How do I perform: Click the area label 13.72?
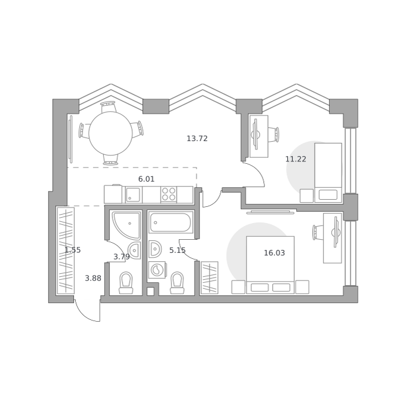coord(197,139)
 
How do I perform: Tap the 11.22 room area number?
coord(296,159)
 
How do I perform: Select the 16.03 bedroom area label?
coord(274,253)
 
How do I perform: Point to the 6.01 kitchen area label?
coord(146,179)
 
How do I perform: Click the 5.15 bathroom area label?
coord(177,251)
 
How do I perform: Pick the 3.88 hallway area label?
coord(93,279)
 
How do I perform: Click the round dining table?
coord(110,133)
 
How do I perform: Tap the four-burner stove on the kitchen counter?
coord(168,194)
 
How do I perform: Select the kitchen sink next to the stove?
coord(133,195)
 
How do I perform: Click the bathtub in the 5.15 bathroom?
coord(171,222)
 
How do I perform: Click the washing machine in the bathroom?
coord(157,270)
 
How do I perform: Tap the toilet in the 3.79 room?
coord(126,283)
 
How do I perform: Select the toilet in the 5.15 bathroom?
coord(177,283)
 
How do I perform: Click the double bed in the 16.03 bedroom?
coord(270,265)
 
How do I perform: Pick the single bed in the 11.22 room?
coord(328,173)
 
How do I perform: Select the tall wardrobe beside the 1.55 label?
coord(66,251)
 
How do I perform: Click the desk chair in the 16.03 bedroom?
coord(318,232)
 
